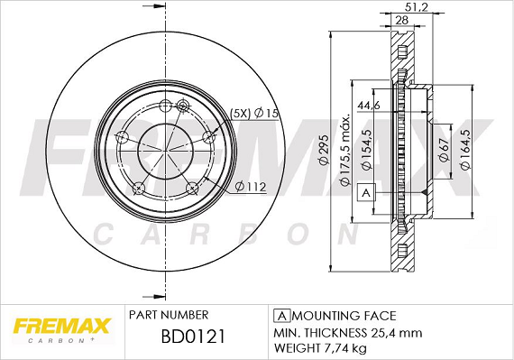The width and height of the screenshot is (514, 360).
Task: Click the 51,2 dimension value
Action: (x=416, y=7)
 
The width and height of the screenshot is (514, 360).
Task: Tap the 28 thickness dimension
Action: (x=402, y=20)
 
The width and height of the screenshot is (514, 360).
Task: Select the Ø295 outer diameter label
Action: (x=324, y=150)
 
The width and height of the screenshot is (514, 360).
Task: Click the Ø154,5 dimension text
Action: (x=367, y=149)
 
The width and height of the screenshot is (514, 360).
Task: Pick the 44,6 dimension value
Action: (x=369, y=106)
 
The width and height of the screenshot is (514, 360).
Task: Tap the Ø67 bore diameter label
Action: (x=443, y=150)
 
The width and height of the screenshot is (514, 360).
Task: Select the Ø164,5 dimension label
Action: (x=465, y=149)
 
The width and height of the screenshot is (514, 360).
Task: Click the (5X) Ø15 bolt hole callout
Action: (x=253, y=114)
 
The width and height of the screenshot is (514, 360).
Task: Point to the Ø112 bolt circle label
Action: (x=251, y=187)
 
